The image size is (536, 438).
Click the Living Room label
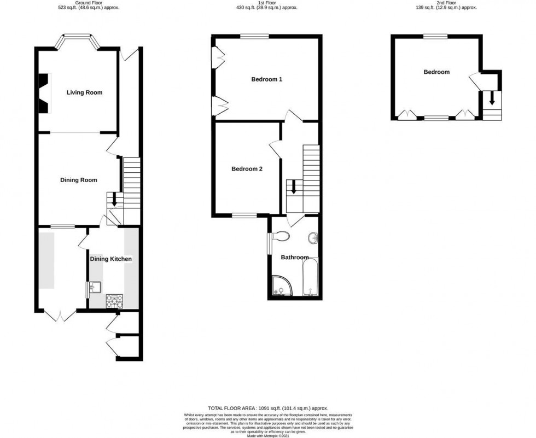[84, 92]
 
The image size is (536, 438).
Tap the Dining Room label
[78, 180]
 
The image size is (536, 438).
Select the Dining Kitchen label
[112, 259]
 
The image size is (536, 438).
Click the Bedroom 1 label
[266, 79]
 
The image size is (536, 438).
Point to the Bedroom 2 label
[247, 169]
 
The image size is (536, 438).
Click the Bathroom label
[295, 257]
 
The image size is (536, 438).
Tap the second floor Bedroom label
[436, 72]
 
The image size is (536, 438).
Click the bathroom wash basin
[313, 238]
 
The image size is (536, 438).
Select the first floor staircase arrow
[294, 188]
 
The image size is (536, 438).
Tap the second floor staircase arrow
[492, 99]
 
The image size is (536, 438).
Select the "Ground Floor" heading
[88, 3]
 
